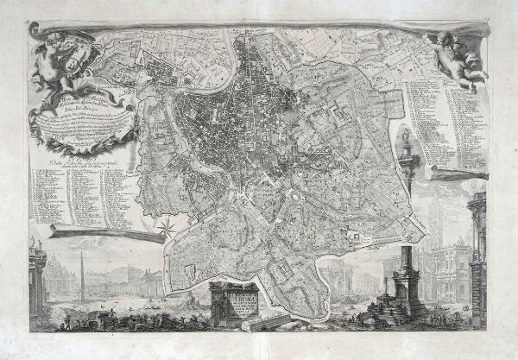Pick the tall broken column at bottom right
click(403, 276)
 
